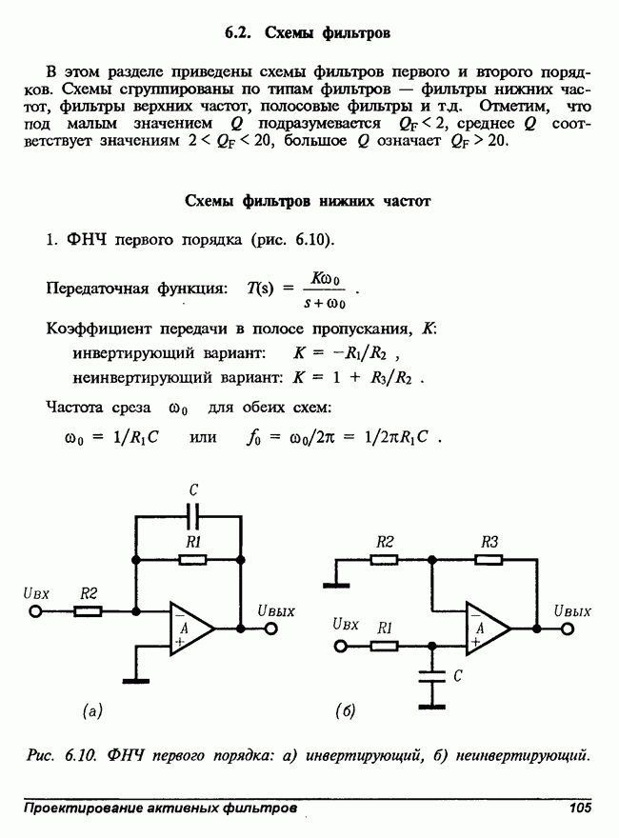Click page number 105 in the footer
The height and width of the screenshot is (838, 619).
pos(580,807)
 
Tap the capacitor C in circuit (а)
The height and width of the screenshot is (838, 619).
pos(193,517)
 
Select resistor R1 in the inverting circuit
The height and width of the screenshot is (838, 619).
pos(193,560)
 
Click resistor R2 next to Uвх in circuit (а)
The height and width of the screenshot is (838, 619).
pos(88,610)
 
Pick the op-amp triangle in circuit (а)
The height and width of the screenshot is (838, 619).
pos(191,628)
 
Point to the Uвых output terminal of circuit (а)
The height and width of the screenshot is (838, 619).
pos(271,628)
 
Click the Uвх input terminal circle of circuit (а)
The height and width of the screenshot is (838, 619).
pos(35,610)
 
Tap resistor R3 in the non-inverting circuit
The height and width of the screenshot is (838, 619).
pos(489,560)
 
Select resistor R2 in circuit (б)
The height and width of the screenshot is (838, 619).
pos(384,560)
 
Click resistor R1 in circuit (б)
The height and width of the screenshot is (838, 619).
pos(384,647)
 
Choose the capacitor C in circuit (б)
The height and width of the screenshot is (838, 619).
pos(432,676)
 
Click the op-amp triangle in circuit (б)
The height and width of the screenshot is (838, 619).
pos(488,628)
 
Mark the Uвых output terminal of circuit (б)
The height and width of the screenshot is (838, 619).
pos(568,628)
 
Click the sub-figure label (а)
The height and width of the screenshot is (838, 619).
pos(92,711)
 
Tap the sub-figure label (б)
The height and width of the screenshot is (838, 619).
pos(346,711)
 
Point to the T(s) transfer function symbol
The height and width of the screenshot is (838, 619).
pos(260,289)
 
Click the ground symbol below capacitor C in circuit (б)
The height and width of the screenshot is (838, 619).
pos(432,707)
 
